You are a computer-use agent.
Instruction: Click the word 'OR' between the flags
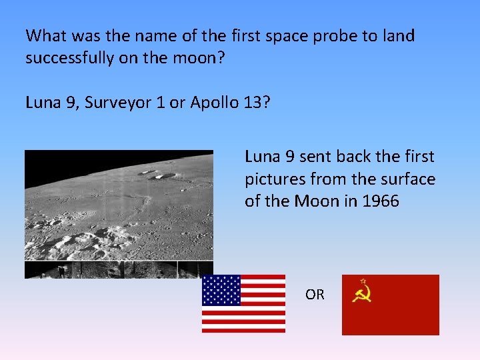pyautogui.click(x=315, y=294)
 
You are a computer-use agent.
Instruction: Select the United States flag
pyautogui.click(x=243, y=303)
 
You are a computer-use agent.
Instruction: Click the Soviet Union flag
pyautogui.click(x=390, y=305)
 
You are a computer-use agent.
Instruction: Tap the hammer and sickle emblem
pyautogui.click(x=362, y=295)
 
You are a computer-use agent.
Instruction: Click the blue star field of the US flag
pyautogui.click(x=221, y=290)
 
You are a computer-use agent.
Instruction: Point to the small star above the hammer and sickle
pyautogui.click(x=363, y=281)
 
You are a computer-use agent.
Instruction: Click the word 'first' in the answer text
pyautogui.click(x=417, y=157)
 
